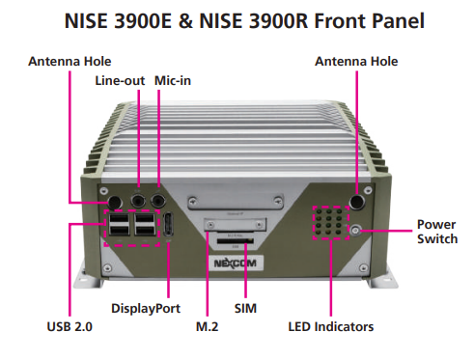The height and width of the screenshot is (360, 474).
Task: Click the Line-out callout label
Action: point(120,81)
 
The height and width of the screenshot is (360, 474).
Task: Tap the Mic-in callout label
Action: point(173,81)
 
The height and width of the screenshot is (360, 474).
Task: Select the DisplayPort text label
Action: point(146,309)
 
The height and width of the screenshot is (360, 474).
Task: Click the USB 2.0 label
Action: point(70,327)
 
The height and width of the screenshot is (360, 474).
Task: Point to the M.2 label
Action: point(207,327)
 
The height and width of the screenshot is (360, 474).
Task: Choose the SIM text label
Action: point(245,309)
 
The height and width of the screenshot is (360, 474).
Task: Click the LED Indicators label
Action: point(331,327)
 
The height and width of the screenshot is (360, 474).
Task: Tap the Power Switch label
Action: point(437,232)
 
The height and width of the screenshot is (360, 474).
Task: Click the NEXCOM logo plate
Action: point(236,263)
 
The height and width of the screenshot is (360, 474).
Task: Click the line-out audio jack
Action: point(138,202)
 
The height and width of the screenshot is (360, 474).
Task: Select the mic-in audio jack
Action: point(158,202)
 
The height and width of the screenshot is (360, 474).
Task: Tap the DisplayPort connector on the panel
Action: point(169,225)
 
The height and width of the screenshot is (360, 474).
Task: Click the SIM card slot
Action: point(236,241)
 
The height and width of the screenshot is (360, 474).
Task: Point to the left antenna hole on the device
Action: point(115,203)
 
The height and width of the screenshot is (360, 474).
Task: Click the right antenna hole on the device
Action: point(357,202)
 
